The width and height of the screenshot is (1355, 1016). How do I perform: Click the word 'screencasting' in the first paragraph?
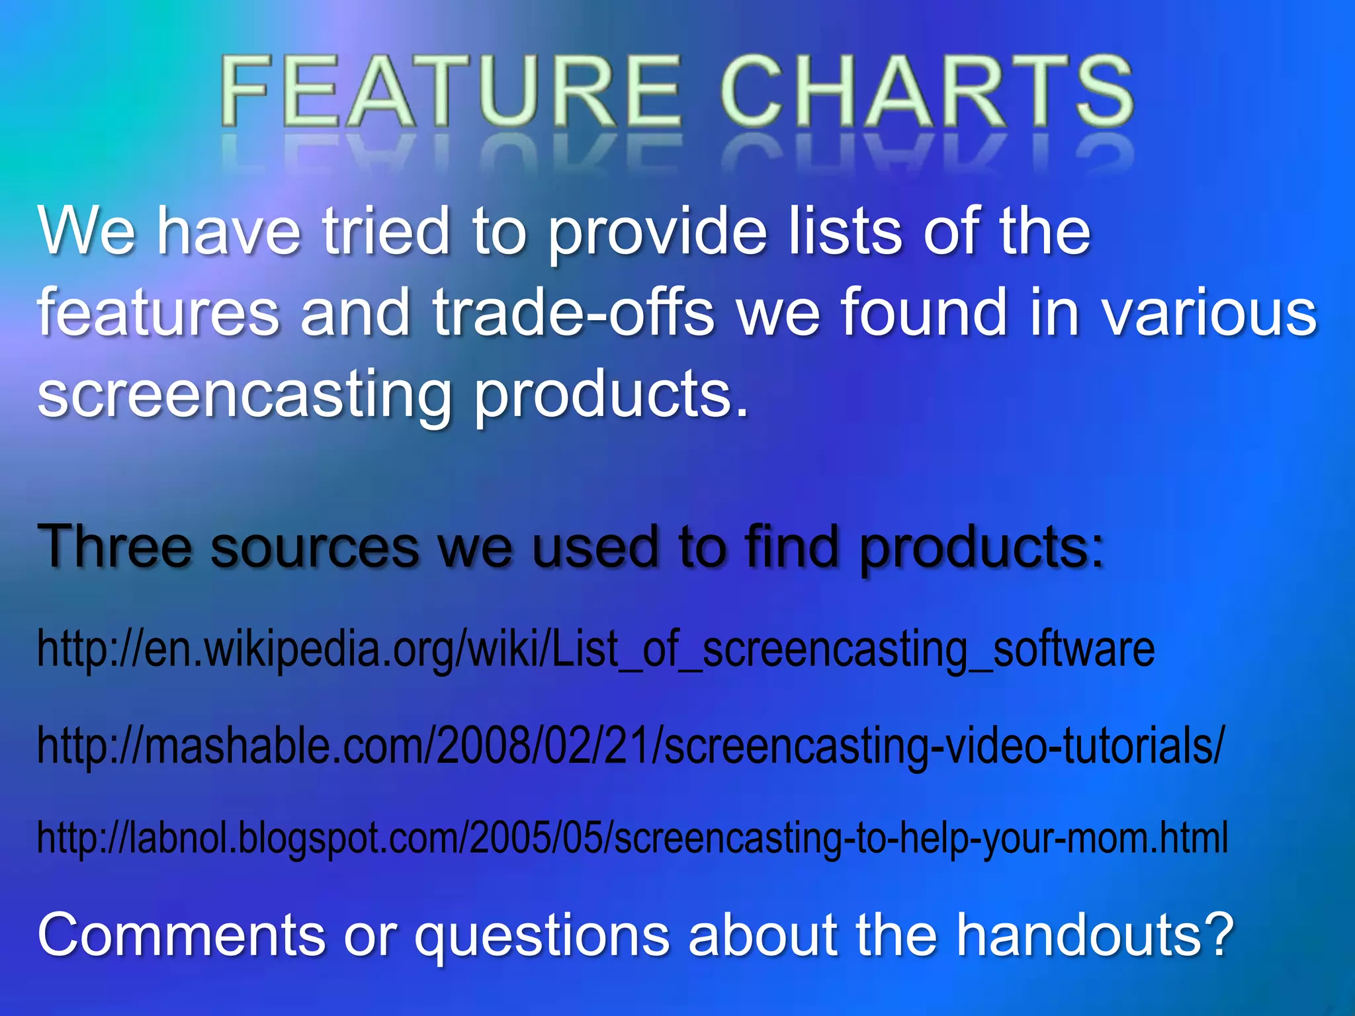[x=245, y=396]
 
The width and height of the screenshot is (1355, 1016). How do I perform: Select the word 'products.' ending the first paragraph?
[x=611, y=396]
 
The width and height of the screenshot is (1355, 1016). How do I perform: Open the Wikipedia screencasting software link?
[x=595, y=650]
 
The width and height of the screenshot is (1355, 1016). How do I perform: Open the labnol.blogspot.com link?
[x=632, y=837]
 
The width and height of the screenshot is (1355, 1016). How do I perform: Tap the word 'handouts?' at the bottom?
[x=1095, y=934]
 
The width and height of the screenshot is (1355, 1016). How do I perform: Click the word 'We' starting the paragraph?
[x=86, y=231]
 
